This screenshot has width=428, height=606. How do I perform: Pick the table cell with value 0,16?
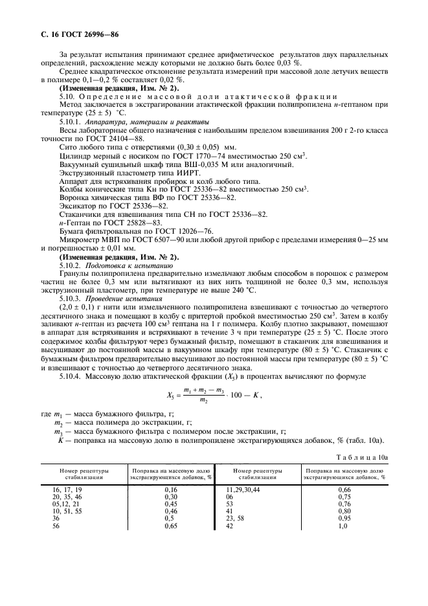coord(171,489)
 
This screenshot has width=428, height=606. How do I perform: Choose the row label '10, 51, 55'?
coord(67,511)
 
